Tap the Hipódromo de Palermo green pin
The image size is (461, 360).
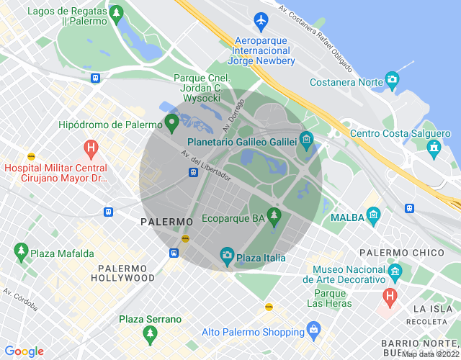pyautogui.click(x=171, y=123)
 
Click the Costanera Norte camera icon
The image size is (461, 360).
pyautogui.click(x=392, y=79)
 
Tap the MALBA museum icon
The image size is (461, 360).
pyautogui.click(x=373, y=215)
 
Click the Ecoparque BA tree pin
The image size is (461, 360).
pyautogui.click(x=273, y=216)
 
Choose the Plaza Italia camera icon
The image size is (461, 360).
pyautogui.click(x=227, y=256)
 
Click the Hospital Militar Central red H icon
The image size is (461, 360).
pyautogui.click(x=91, y=150)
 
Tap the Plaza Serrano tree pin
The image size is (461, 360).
pyautogui.click(x=150, y=334)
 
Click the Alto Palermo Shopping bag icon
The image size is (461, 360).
pyautogui.click(x=313, y=330)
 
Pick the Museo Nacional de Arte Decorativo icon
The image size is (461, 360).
pyautogui.click(x=394, y=272)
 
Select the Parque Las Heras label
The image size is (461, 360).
pyautogui.click(x=331, y=298)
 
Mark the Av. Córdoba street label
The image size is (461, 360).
pyautogui.click(x=20, y=300)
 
